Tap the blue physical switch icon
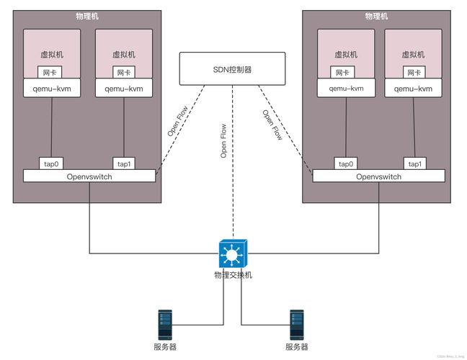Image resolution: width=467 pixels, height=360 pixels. pyautogui.click(x=232, y=253)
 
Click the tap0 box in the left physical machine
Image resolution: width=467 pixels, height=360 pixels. pyautogui.click(x=51, y=163)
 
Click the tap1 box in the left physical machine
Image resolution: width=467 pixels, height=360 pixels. pyautogui.click(x=123, y=163)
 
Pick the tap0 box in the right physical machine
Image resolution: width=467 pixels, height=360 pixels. pyautogui.click(x=345, y=163)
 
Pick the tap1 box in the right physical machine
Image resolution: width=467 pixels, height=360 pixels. pyautogui.click(x=415, y=163)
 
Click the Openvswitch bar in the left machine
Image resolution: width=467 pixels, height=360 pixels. pyautogui.click(x=89, y=176)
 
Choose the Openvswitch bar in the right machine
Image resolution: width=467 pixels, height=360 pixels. pyautogui.click(x=379, y=176)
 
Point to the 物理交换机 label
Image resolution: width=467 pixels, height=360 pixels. pyautogui.click(x=233, y=275)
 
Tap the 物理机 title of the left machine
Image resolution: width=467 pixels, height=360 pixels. pyautogui.click(x=87, y=16)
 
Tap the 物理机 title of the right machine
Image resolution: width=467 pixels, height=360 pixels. pyautogui.click(x=376, y=16)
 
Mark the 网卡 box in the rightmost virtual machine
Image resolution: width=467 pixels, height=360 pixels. pyautogui.click(x=414, y=73)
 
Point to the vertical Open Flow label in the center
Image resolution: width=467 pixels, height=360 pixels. pyautogui.click(x=224, y=140)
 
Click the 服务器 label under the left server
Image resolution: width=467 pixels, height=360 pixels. pyautogui.click(x=165, y=347)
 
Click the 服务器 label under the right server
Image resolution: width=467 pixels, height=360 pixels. pyautogui.click(x=296, y=347)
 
